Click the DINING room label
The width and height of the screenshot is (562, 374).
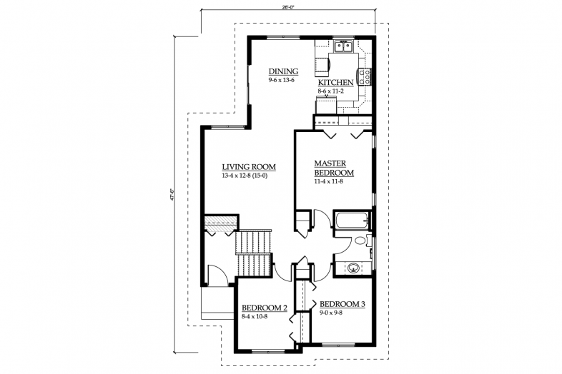click(283, 71)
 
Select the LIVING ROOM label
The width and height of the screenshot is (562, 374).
click(248, 167)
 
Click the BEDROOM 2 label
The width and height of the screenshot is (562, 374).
click(264, 308)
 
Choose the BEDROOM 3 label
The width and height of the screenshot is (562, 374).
click(342, 304)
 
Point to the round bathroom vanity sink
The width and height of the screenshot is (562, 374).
click(353, 268)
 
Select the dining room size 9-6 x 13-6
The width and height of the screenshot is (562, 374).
click(282, 80)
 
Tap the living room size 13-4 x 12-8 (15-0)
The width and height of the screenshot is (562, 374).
click(248, 176)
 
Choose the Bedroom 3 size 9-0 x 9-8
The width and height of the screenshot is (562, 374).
click(332, 313)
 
